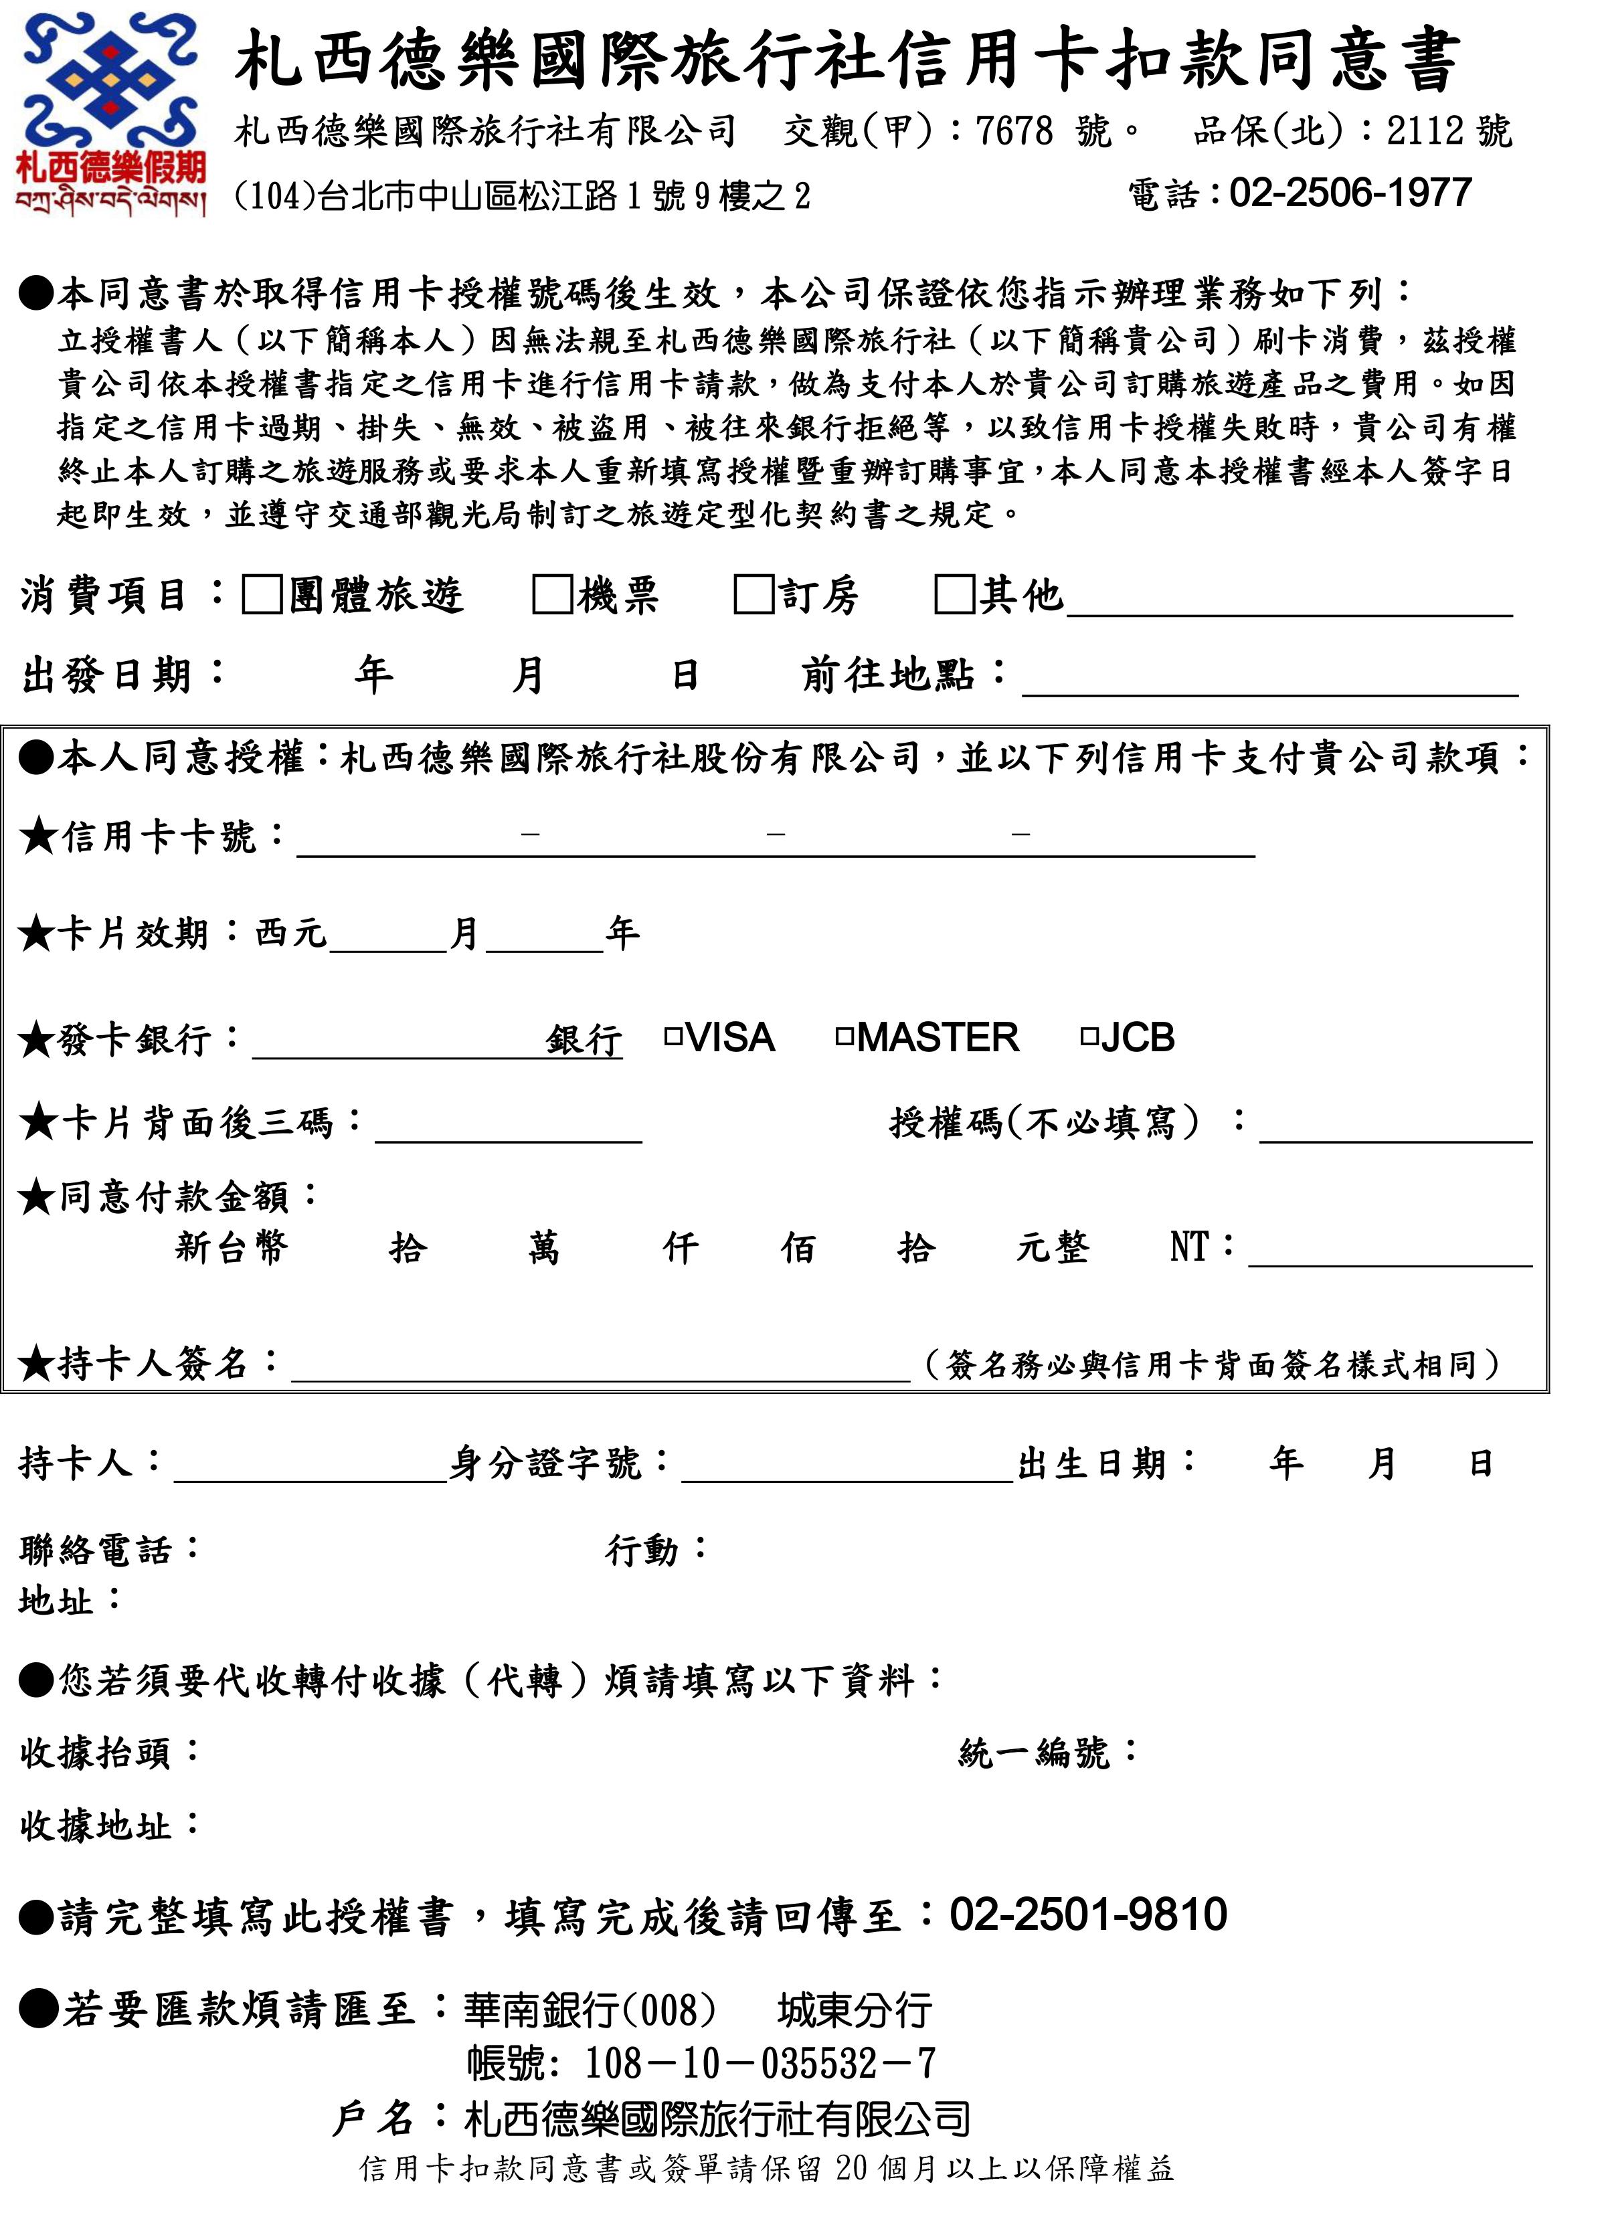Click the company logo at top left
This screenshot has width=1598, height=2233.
[110, 113]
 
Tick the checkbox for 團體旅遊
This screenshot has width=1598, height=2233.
[262, 595]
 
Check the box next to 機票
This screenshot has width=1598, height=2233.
[552, 595]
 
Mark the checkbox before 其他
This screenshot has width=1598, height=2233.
[954, 595]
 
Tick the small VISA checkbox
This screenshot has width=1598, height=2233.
[674, 1037]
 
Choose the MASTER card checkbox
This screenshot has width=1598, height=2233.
[845, 1037]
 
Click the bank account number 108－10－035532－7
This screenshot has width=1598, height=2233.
[760, 2064]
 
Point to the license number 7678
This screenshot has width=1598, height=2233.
[1014, 131]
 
